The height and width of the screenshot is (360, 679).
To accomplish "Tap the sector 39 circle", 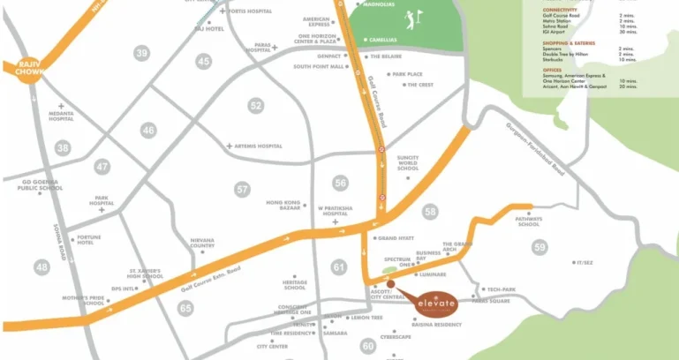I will (x=142, y=54).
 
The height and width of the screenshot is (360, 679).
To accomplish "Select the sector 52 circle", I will (x=256, y=106).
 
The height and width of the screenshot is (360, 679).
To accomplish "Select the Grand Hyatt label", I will (x=395, y=238).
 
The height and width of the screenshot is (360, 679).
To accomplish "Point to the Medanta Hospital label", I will (x=62, y=122).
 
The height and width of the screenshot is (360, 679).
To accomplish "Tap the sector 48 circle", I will (x=41, y=266).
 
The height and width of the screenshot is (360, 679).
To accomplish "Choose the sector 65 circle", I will (x=185, y=308).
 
